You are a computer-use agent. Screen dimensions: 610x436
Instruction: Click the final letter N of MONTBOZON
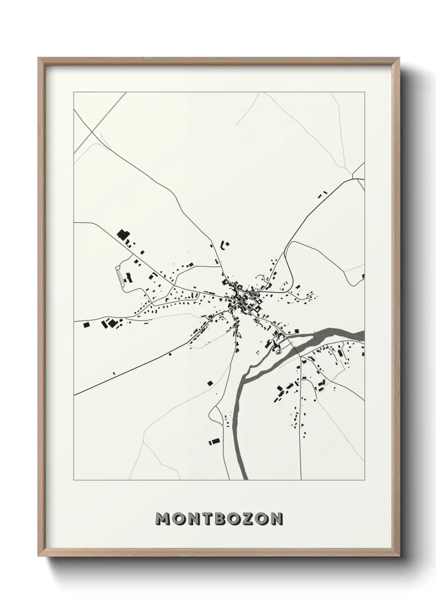click(x=276, y=519)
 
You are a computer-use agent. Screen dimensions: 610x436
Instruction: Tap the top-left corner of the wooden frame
click(x=38, y=58)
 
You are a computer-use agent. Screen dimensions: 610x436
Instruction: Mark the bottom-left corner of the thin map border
click(x=74, y=480)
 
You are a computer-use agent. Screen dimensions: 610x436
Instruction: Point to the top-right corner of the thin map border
click(x=364, y=92)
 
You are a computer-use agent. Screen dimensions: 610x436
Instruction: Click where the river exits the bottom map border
click(x=244, y=480)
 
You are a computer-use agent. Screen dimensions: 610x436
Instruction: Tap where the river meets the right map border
click(x=364, y=335)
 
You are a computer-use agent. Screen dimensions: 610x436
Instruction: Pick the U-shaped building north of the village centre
click(x=225, y=245)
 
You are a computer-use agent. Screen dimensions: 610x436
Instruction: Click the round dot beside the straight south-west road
click(x=169, y=354)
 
